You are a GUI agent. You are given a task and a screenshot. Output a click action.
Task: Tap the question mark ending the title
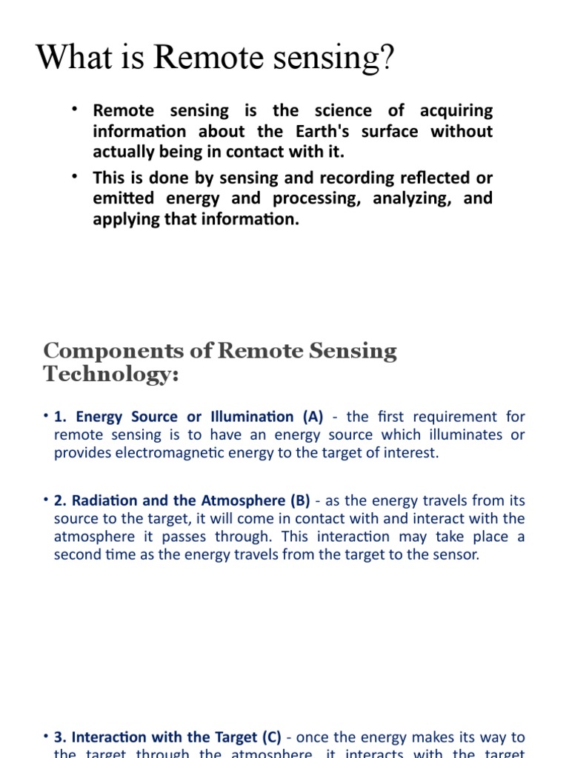(387, 58)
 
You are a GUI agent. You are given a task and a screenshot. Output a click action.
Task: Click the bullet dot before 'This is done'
(75, 176)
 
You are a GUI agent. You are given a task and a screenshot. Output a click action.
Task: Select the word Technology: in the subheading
(111, 375)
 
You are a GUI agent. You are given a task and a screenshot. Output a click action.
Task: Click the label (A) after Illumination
(307, 417)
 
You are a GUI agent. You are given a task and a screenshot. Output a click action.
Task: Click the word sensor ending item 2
(459, 554)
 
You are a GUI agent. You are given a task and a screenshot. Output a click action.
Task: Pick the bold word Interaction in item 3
(110, 737)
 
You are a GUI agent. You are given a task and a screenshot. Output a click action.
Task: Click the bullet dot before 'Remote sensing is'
(75, 110)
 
